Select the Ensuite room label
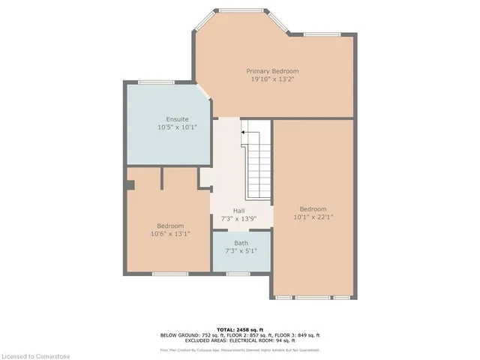[x=177, y=119]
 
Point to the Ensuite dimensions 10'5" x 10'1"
[x=177, y=127]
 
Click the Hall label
[x=238, y=210]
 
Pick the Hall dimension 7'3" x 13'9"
[x=238, y=218]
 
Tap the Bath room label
[x=240, y=243]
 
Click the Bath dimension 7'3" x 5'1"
[x=240, y=251]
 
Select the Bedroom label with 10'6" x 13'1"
[x=169, y=226]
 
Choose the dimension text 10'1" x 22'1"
[x=313, y=217]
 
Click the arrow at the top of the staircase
[x=242, y=133]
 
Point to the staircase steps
[x=258, y=161]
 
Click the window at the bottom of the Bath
[x=238, y=274]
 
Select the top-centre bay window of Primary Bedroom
[x=241, y=10]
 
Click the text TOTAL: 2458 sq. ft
[x=240, y=329]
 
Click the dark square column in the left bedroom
[x=130, y=184]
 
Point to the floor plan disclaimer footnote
[x=240, y=349]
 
